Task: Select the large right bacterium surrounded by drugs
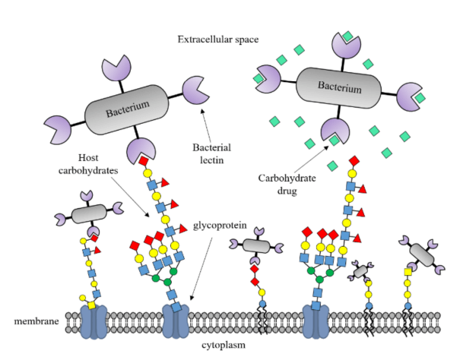pos(338,90)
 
